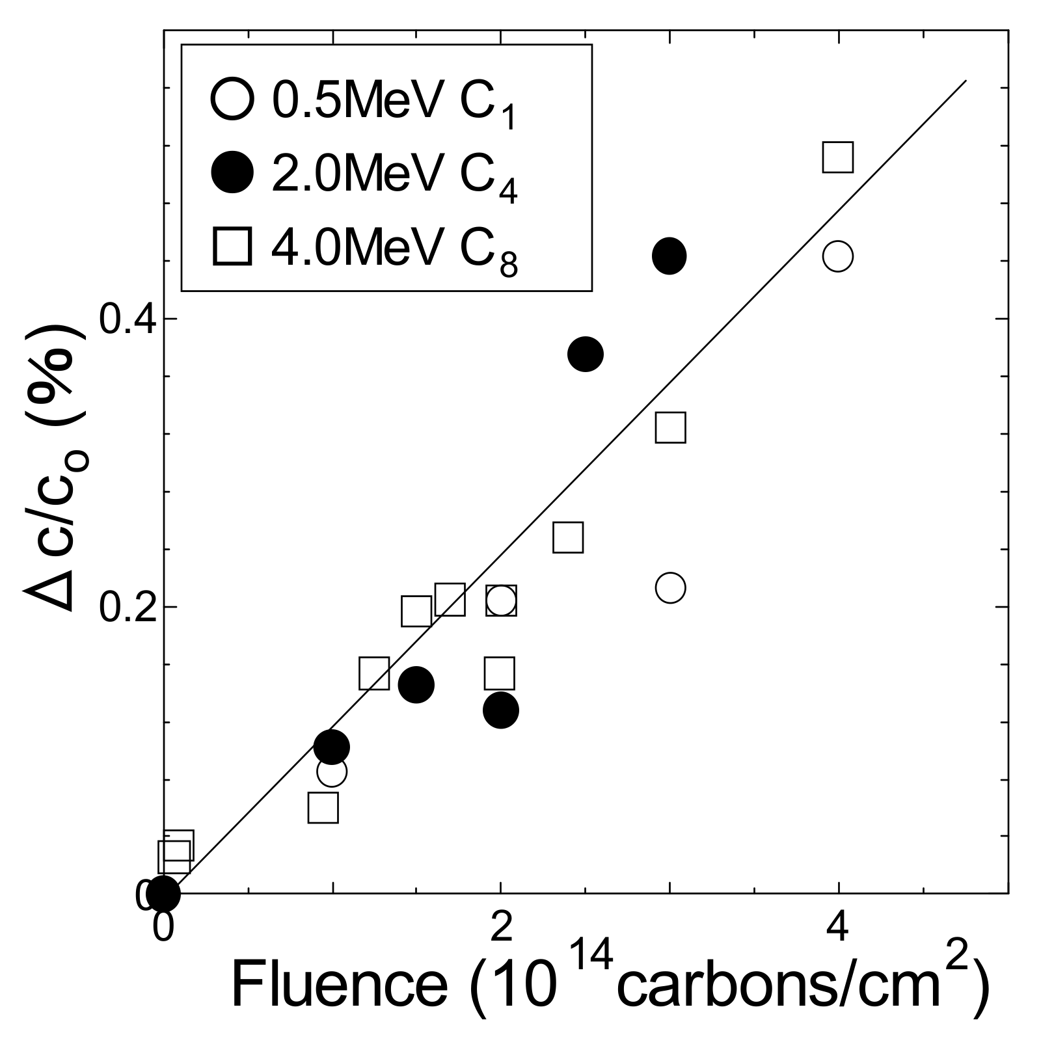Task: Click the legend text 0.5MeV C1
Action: pyautogui.click(x=393, y=104)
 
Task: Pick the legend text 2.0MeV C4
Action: pyautogui.click(x=393, y=177)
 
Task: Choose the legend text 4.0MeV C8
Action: pyautogui.click(x=393, y=250)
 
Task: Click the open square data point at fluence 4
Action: pyautogui.click(x=838, y=157)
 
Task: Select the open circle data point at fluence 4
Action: pyautogui.click(x=838, y=256)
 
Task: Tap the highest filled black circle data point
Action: pyautogui.click(x=669, y=256)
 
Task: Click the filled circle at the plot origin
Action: pyautogui.click(x=163, y=894)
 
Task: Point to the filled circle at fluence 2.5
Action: pyautogui.click(x=586, y=355)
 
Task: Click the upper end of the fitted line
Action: pyautogui.click(x=966, y=81)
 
